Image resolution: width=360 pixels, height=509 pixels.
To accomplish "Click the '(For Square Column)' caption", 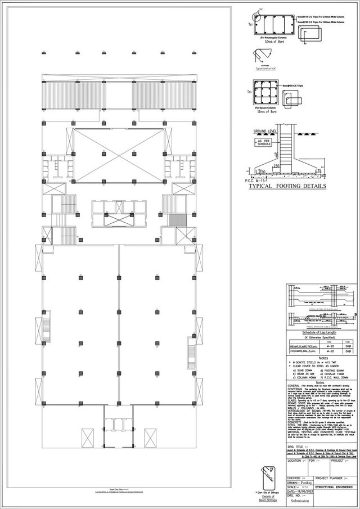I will (265, 107).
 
